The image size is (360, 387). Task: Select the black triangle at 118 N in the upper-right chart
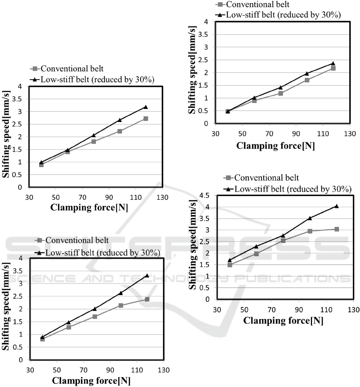(x=333, y=63)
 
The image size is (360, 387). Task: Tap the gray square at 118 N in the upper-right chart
(x=333, y=69)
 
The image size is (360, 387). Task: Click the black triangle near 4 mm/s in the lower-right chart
(x=337, y=206)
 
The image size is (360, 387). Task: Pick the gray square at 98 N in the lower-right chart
(x=310, y=231)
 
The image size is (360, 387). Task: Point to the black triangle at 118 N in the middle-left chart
(x=146, y=107)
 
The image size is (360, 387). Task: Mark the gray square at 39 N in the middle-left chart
(x=41, y=165)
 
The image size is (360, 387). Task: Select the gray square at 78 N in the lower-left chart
(x=95, y=316)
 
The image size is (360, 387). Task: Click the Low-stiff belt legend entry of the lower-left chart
(x=103, y=252)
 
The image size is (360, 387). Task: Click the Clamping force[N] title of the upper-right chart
(x=276, y=146)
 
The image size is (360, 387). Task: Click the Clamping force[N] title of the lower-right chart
(x=283, y=320)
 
